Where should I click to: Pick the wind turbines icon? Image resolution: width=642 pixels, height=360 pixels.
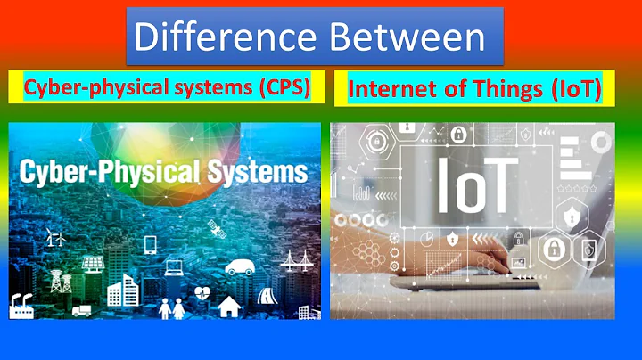coord(54,239)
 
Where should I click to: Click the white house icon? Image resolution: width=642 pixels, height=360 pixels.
coord(229,306)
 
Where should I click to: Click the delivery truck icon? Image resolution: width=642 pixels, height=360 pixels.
coord(81,311)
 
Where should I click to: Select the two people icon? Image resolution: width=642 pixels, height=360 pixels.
coord(172,307)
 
